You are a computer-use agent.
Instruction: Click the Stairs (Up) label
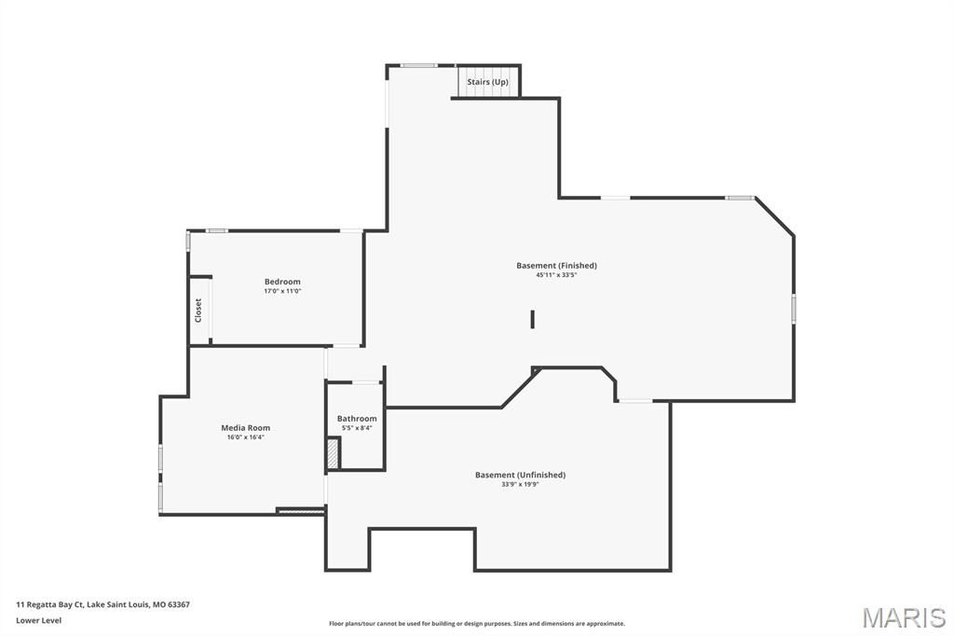[487, 82]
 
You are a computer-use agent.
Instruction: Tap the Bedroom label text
[282, 282]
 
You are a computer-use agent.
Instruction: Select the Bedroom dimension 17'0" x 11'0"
[282, 291]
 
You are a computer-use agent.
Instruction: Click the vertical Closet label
[198, 310]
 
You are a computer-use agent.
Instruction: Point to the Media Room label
[245, 428]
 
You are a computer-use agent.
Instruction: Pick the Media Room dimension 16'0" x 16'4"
[245, 437]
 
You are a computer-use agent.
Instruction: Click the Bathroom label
[357, 419]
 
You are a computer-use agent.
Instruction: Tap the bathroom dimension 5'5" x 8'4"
[357, 428]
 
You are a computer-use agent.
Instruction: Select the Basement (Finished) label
[556, 266]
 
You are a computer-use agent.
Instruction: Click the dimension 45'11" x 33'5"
[556, 275]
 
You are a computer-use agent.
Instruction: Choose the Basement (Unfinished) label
[520, 475]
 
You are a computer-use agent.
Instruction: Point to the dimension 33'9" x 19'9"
[520, 484]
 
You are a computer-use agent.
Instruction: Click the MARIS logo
[904, 617]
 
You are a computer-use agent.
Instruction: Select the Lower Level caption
[38, 620]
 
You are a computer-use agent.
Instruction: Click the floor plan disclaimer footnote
[476, 624]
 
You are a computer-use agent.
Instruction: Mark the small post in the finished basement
[533, 319]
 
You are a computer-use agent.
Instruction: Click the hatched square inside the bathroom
[333, 453]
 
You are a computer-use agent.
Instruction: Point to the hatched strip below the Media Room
[301, 510]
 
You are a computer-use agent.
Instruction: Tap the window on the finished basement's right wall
[794, 309]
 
